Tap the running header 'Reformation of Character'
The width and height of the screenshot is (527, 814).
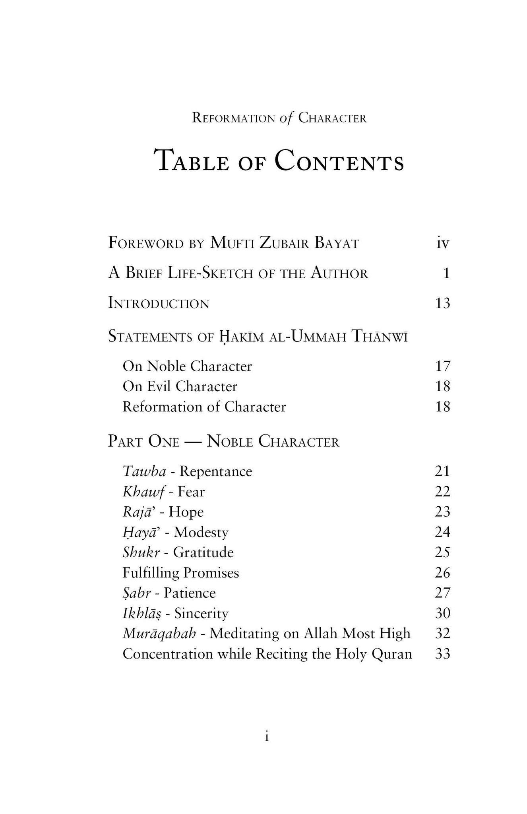point(279,118)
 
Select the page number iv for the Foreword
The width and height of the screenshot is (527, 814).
point(442,243)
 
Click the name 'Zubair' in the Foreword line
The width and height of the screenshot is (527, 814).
point(284,243)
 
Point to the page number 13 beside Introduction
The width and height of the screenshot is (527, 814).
point(442,303)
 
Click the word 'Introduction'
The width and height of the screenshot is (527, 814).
point(159,303)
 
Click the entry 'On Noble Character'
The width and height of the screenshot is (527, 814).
point(187,366)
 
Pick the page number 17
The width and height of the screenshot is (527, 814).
point(442,366)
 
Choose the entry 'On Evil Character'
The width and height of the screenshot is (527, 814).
point(180,386)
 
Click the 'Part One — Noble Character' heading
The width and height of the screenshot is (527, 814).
point(223,442)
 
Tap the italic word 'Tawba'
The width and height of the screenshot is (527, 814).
point(144,471)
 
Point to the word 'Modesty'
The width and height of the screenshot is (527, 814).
point(201,532)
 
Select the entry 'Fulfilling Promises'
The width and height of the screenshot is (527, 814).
point(181,573)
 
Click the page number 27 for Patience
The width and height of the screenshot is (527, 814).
point(442,593)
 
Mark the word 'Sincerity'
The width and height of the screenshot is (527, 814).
point(201,613)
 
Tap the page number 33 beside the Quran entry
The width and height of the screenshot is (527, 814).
point(442,654)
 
